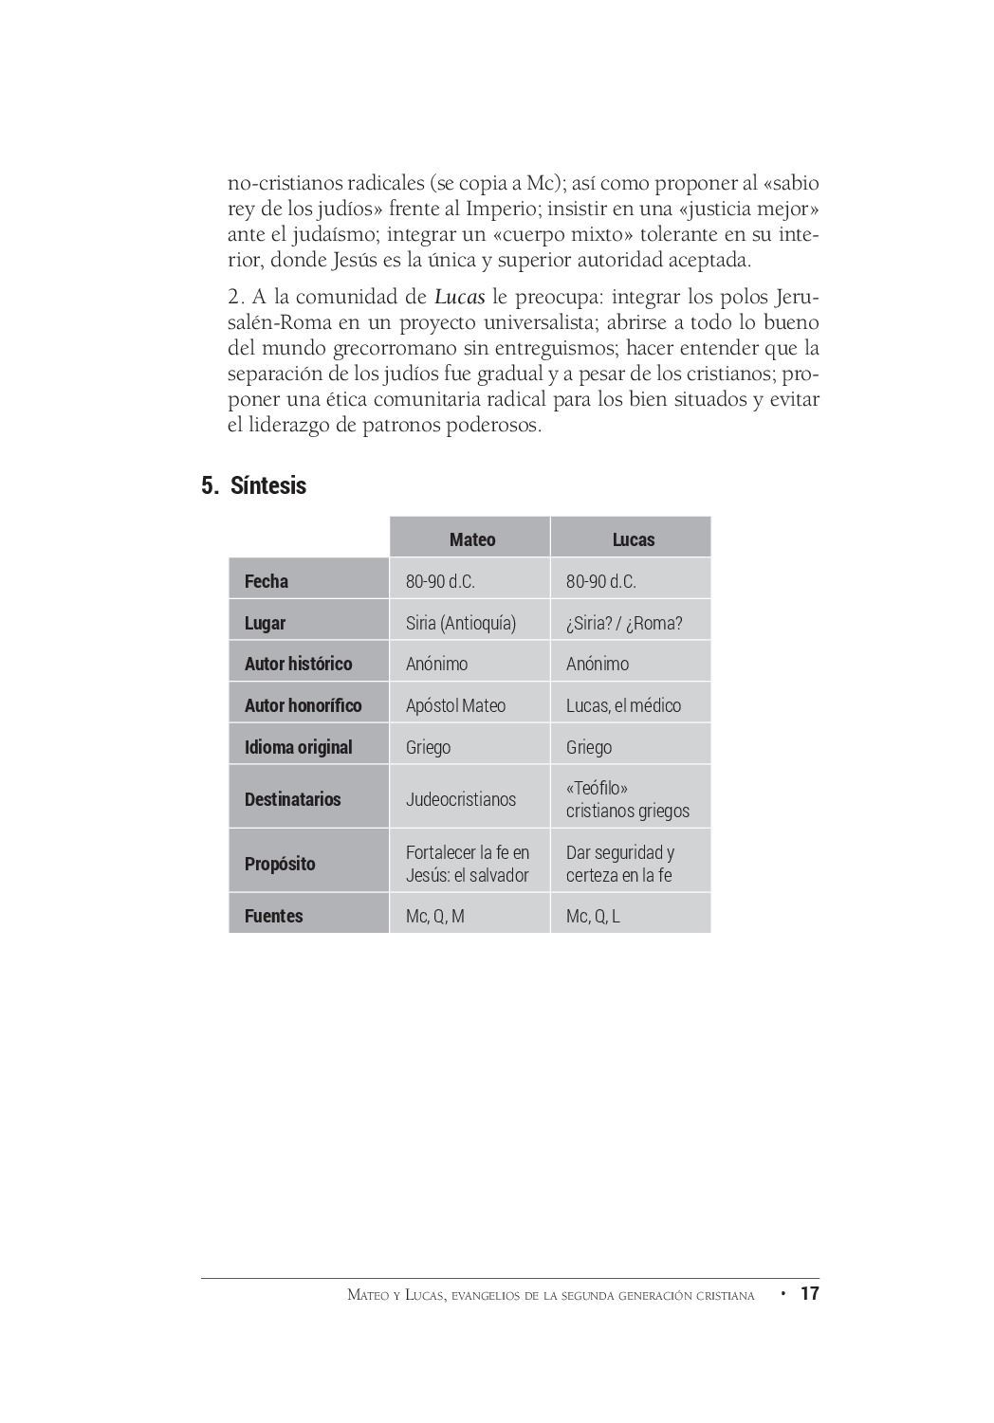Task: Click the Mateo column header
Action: (471, 539)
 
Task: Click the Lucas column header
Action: (633, 539)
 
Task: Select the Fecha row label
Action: (267, 581)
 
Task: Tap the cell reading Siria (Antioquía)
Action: (461, 623)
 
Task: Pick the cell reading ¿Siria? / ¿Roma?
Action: (624, 623)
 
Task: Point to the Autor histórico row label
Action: (298, 664)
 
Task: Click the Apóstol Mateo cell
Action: (455, 705)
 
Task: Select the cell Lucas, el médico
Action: (623, 705)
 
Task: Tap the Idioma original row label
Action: (298, 747)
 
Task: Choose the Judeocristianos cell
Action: (461, 799)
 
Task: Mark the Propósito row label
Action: (280, 864)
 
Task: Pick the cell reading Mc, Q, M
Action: (435, 916)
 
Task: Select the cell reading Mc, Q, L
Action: (593, 916)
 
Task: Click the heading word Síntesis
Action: (268, 485)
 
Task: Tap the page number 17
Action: (809, 1293)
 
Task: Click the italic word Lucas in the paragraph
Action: (460, 297)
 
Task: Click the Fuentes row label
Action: (274, 916)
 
